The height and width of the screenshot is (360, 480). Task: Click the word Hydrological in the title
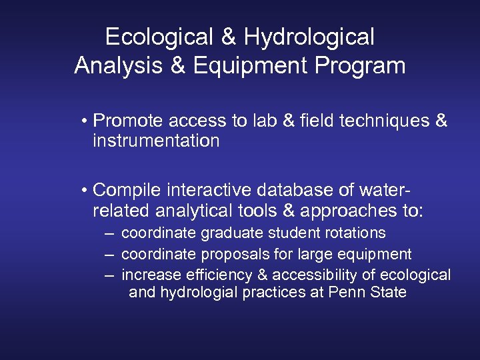click(x=309, y=37)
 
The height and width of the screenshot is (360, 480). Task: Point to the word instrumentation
click(x=156, y=141)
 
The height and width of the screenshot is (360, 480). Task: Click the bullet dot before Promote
click(x=85, y=121)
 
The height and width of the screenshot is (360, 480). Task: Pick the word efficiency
click(x=205, y=275)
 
